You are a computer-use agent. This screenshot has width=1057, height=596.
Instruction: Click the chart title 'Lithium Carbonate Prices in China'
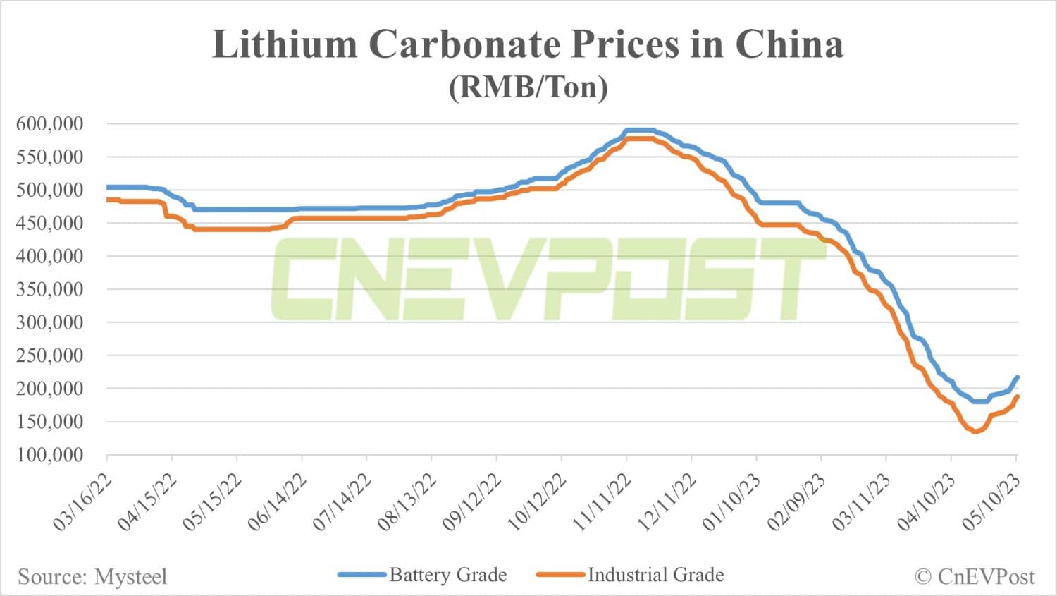(x=528, y=44)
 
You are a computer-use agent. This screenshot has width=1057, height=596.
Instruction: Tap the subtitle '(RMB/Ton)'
(x=528, y=87)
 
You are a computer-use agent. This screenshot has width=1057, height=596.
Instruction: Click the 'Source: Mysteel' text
(x=92, y=577)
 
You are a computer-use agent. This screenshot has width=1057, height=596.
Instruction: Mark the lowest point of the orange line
(x=975, y=432)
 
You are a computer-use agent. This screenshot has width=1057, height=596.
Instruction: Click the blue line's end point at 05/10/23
(x=1017, y=377)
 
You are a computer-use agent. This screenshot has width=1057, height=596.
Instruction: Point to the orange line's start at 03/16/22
(x=108, y=200)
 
